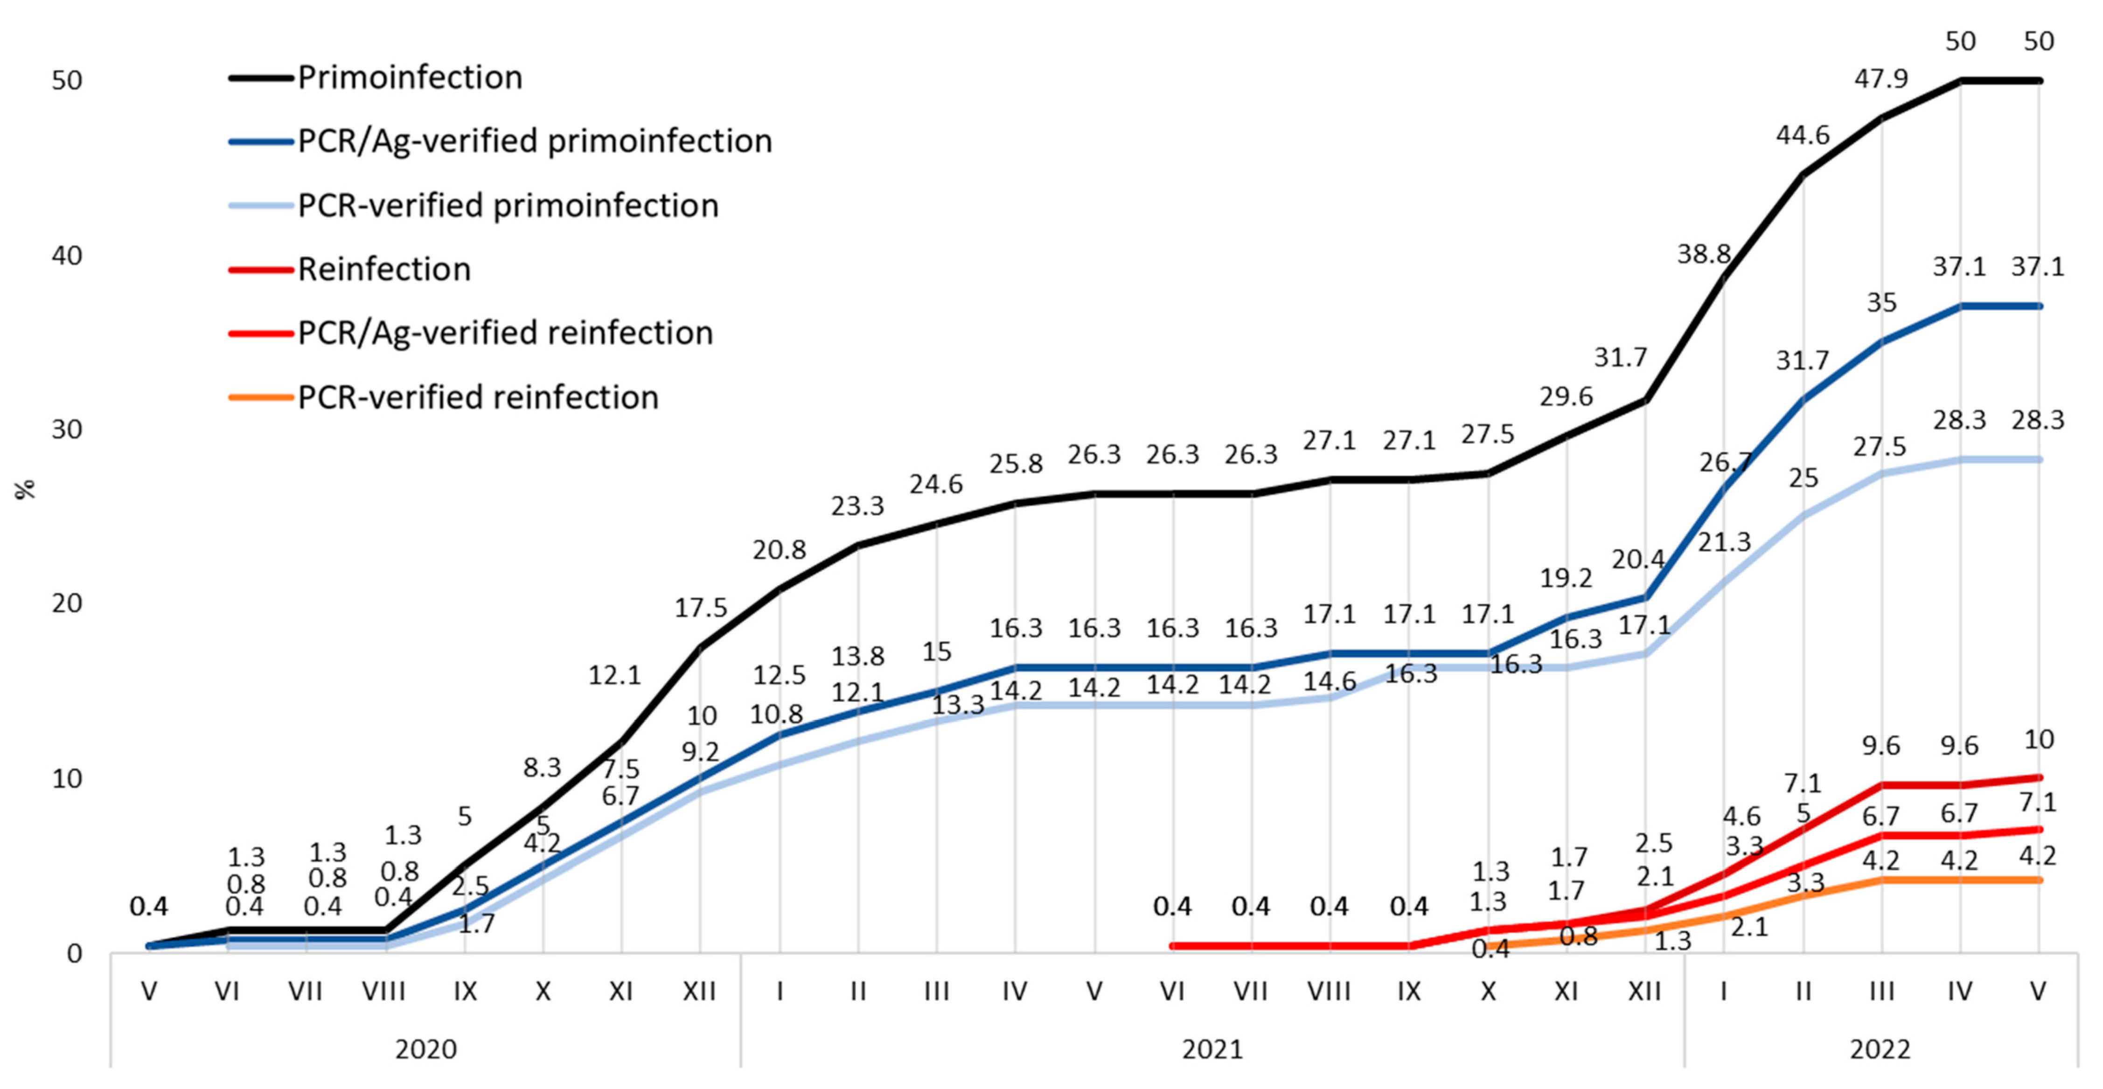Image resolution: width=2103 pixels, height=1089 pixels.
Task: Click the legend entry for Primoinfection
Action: coord(409,77)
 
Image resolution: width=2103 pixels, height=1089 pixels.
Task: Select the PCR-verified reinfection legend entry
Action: coord(478,397)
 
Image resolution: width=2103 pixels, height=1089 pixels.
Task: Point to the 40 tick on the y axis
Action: coord(67,256)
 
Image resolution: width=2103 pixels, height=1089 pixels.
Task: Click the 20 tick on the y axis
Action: coord(67,604)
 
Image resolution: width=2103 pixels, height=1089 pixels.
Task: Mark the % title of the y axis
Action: coord(26,489)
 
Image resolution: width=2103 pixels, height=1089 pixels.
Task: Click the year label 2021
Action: coord(1212,1049)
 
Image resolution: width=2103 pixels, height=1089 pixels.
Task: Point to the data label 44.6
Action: coord(1803,135)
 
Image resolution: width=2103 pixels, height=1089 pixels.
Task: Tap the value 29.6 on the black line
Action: coord(1566,397)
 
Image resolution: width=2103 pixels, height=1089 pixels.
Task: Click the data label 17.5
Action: coord(701,607)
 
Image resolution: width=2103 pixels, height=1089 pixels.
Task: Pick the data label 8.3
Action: coord(542,767)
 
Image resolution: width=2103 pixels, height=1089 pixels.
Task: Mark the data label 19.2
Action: coord(1566,578)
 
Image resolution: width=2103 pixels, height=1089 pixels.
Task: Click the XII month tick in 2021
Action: coord(1644,991)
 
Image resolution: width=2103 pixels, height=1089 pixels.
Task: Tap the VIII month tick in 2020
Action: coord(383,991)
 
